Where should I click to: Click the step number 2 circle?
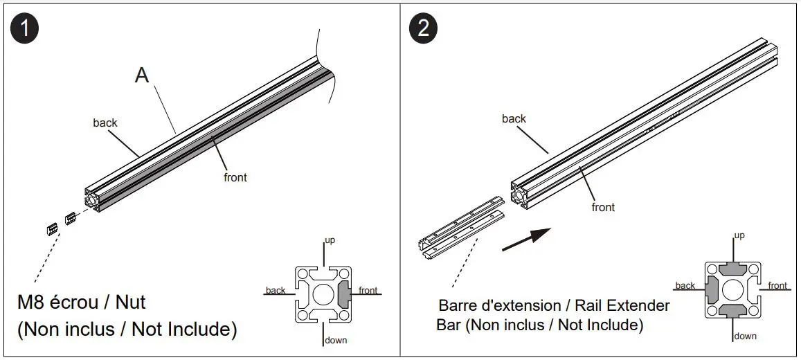[424, 28]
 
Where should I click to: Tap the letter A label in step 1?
[141, 75]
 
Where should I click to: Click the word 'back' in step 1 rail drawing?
[105, 123]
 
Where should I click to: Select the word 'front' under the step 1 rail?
[235, 177]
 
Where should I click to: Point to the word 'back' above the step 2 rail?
[514, 118]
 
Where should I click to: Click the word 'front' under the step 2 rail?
[603, 207]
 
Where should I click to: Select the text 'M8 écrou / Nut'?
[82, 303]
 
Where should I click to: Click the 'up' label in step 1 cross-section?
[330, 240]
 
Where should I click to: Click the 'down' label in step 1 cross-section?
[335, 340]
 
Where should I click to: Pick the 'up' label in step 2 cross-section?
[739, 235]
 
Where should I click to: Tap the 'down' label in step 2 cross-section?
[745, 336]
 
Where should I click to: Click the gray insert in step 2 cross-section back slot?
[711, 289]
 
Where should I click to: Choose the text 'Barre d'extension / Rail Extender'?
[554, 305]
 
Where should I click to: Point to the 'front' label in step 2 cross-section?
[777, 285]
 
